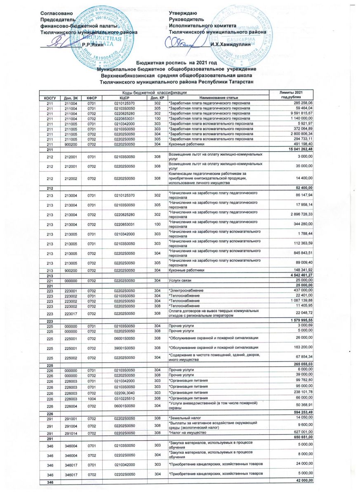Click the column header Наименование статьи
pos(194,98)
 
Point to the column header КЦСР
pos(122,98)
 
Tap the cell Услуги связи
pos(179,280)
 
